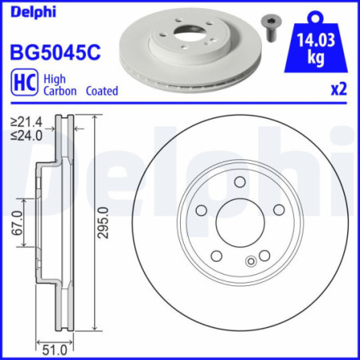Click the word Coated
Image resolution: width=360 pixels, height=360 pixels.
click(100, 92)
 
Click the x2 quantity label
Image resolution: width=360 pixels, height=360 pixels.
click(339, 91)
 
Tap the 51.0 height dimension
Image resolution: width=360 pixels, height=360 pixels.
click(54, 349)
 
